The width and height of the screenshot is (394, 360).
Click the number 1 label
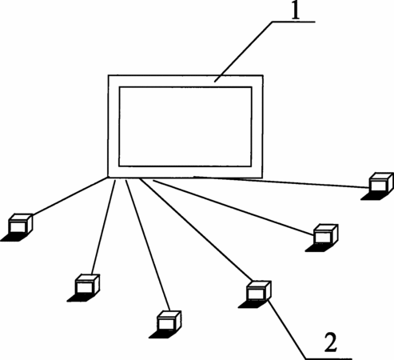pyautogui.click(x=295, y=10)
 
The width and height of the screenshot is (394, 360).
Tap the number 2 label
pyautogui.click(x=330, y=342)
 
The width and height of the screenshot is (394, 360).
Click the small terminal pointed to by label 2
pyautogui.click(x=255, y=294)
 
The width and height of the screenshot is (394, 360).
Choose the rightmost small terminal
pyautogui.click(x=377, y=186)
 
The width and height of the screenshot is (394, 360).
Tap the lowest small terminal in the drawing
pyautogui.click(x=165, y=325)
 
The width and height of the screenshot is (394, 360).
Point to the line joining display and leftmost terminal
pyautogui.click(x=70, y=196)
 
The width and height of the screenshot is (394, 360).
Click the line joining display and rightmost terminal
pyautogui.click(x=282, y=182)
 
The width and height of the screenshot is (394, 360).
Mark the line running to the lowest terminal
pyautogui.click(x=148, y=246)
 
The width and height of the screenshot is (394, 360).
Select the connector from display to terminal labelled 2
pyautogui.click(x=196, y=230)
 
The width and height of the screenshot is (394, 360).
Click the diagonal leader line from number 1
pyautogui.click(x=244, y=52)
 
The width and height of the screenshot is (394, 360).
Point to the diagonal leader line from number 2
pyautogui.click(x=287, y=330)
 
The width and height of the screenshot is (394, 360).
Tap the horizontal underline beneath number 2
pyautogui.click(x=329, y=358)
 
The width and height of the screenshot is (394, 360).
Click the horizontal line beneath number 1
pyautogui.click(x=294, y=22)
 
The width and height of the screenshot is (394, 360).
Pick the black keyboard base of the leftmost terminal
pyautogui.click(x=13, y=238)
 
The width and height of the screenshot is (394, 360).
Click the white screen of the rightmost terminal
pyautogui.click(x=378, y=186)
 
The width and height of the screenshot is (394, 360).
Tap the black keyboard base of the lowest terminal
pyautogui.click(x=161, y=335)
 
